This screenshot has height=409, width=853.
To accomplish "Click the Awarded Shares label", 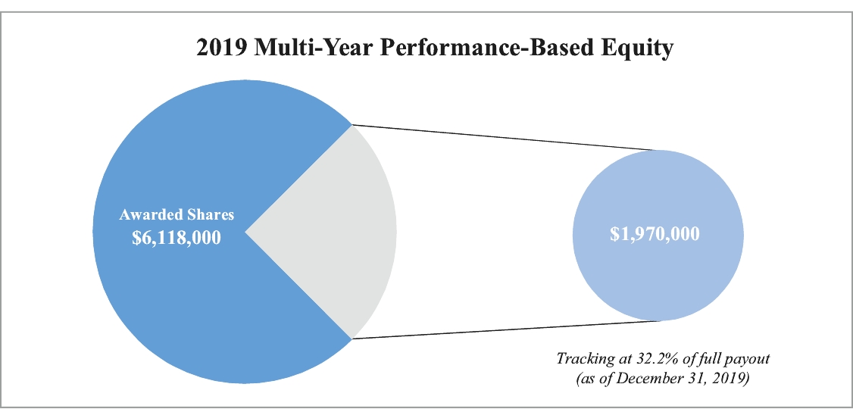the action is (177, 215).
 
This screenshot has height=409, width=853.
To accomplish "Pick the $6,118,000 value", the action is (177, 237).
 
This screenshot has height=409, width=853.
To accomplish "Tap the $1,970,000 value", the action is (655, 234).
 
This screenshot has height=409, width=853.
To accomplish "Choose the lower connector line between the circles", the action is (505, 330).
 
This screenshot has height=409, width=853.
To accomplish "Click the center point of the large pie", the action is (245, 232).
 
